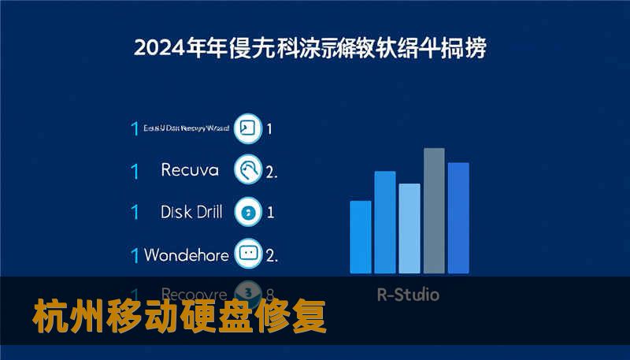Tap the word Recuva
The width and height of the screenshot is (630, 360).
tap(189, 169)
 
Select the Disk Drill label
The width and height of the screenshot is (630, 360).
tap(191, 212)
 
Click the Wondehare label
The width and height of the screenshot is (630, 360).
tap(187, 255)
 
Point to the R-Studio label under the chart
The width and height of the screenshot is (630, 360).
tap(408, 295)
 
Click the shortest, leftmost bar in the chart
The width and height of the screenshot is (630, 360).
tap(360, 237)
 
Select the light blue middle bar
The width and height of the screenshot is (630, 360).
tap(409, 228)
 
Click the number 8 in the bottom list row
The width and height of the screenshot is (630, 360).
tap(271, 292)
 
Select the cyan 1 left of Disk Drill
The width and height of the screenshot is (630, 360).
tap(135, 212)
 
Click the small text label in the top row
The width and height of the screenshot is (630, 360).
tap(187, 128)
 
